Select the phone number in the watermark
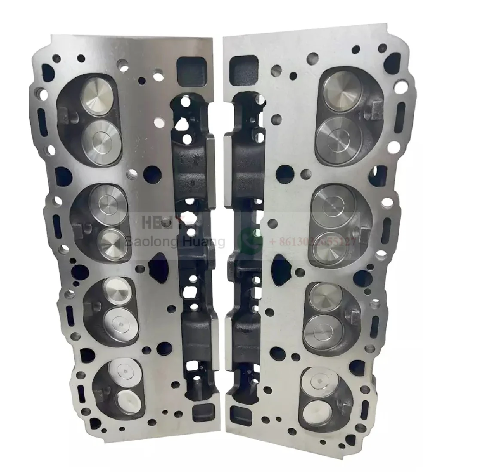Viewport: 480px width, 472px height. click(313, 242)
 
